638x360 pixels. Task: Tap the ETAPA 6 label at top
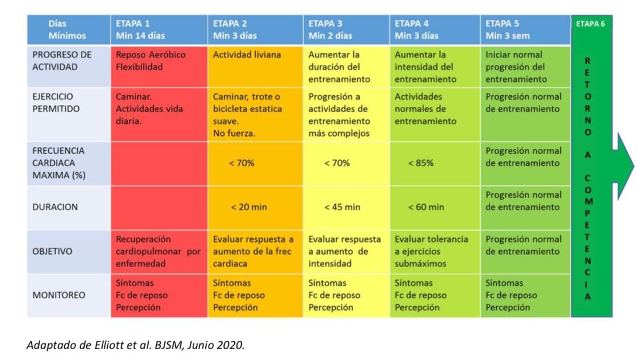tap(590, 24)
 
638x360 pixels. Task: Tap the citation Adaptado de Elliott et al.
tap(136, 345)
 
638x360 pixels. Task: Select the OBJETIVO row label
tap(52, 252)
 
